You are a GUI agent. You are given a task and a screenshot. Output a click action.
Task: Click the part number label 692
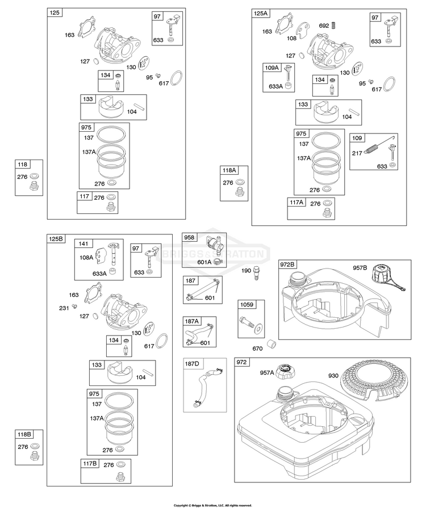point(324,26)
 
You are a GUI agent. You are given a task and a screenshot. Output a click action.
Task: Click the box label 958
point(189,237)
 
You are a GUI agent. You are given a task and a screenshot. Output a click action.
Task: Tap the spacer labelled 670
point(272,344)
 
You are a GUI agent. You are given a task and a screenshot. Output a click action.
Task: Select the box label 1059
point(247,305)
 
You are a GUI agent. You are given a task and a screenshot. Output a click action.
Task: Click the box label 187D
point(192,364)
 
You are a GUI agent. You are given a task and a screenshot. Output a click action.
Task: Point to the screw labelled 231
point(74,306)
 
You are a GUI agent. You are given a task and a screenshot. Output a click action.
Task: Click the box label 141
point(83,243)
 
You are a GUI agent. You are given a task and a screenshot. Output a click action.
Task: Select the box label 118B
point(24,434)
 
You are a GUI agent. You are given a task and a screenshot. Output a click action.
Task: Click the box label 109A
point(272,68)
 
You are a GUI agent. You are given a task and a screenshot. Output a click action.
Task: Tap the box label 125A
point(261,13)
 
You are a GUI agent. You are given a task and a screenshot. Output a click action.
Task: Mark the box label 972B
point(287,265)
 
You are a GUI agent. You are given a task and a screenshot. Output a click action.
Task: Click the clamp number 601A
point(204,262)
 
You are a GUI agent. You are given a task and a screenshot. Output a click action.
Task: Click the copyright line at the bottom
point(212,505)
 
